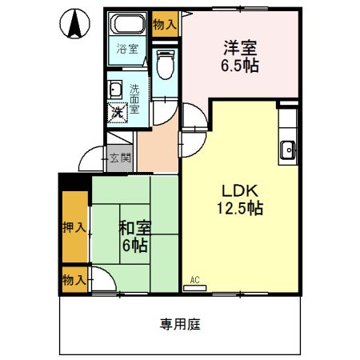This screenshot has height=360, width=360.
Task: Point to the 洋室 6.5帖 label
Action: (239, 57)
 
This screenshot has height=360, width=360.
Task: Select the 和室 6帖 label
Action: (134, 236)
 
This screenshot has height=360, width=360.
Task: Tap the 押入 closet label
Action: (74, 228)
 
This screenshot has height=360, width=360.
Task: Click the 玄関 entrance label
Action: (120, 158)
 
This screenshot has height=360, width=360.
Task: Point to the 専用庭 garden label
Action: (179, 324)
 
